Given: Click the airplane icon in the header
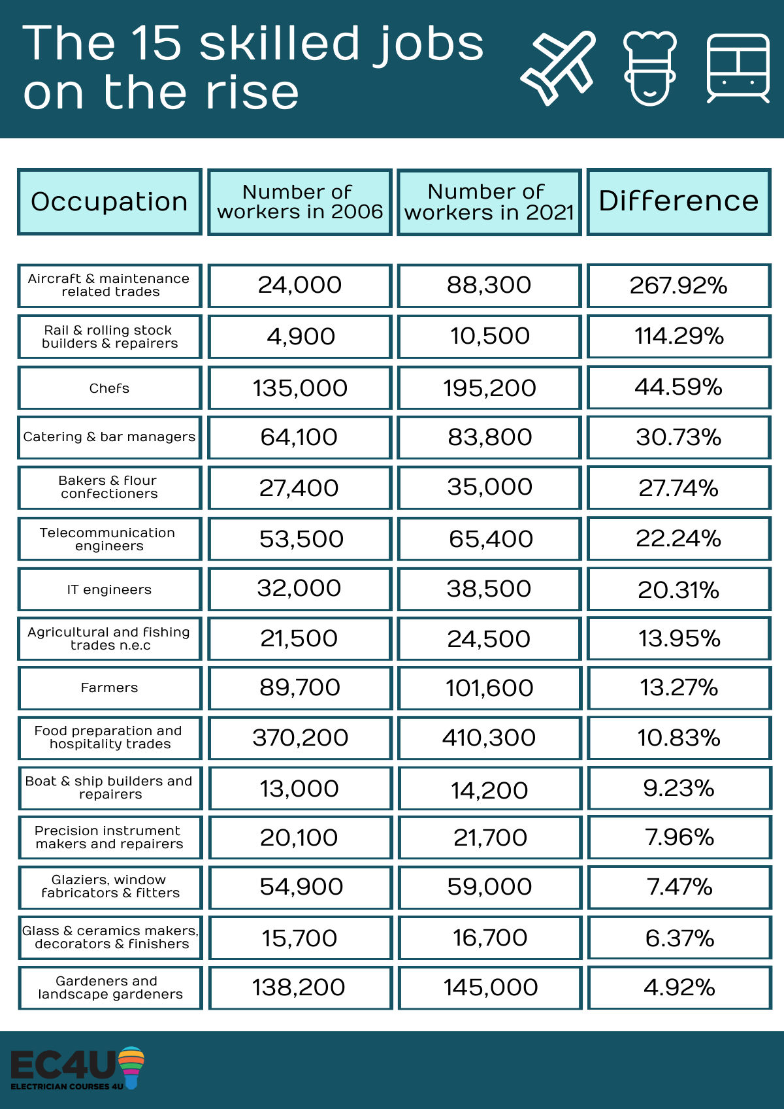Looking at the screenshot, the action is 558,68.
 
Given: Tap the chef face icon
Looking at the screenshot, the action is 649,68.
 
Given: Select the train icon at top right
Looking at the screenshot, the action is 738,68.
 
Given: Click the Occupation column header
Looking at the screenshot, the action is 109,201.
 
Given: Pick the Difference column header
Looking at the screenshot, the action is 679,201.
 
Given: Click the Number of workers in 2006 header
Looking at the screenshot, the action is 299,201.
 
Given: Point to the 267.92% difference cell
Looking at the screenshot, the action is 679,286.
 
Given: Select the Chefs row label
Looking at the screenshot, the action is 109,388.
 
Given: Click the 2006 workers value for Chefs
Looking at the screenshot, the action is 299,388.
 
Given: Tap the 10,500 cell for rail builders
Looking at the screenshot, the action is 489,337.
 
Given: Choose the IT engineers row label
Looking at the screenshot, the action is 109,589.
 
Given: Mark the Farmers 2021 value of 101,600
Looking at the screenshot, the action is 489,687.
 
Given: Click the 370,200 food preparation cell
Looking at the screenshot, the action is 300,738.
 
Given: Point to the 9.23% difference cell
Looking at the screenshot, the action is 679,788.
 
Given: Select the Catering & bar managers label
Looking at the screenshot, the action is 109,437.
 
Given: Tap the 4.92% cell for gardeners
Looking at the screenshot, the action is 679,987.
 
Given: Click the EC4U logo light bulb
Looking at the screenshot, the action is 131,1066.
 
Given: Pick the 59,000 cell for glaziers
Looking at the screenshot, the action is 490,887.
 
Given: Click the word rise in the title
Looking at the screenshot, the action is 252,93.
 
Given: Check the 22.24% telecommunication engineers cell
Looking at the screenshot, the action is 679,538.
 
